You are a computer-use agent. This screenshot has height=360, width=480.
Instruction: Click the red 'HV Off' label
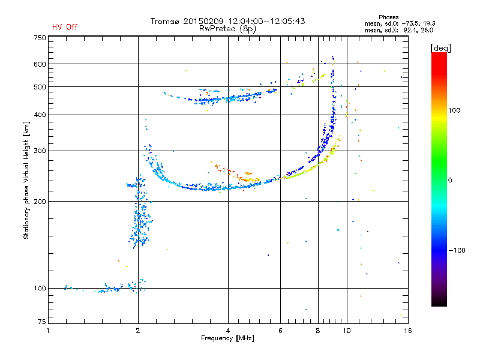(x=65, y=27)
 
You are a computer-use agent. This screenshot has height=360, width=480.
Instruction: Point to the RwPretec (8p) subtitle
(x=227, y=29)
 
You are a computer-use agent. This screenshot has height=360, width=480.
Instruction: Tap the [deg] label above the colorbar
(x=440, y=48)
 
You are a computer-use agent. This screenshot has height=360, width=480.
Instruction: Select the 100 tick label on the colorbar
(x=454, y=110)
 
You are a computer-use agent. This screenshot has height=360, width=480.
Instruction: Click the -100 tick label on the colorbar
(x=457, y=250)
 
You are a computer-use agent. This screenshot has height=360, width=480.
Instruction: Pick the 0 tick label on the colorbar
(x=450, y=180)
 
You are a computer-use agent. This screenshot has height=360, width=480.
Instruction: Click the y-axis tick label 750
(x=40, y=38)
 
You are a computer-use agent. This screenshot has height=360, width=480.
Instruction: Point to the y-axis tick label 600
(x=40, y=64)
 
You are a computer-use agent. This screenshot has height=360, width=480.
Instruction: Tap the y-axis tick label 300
(x=40, y=151)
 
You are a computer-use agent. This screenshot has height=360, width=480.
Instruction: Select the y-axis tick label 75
(x=42, y=322)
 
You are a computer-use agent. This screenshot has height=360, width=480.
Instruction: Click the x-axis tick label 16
(x=408, y=331)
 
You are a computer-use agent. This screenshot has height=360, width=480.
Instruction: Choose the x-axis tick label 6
(x=280, y=331)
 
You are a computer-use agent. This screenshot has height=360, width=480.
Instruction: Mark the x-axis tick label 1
(x=48, y=331)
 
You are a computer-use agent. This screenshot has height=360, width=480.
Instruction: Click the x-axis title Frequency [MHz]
(x=227, y=338)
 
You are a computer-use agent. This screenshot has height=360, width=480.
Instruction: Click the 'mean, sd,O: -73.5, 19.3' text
(x=400, y=23)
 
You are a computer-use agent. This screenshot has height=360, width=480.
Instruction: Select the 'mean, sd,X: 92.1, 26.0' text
(x=399, y=30)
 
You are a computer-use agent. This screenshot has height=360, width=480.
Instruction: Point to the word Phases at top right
(x=388, y=17)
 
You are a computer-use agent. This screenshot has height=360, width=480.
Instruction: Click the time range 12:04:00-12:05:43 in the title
(x=266, y=21)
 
